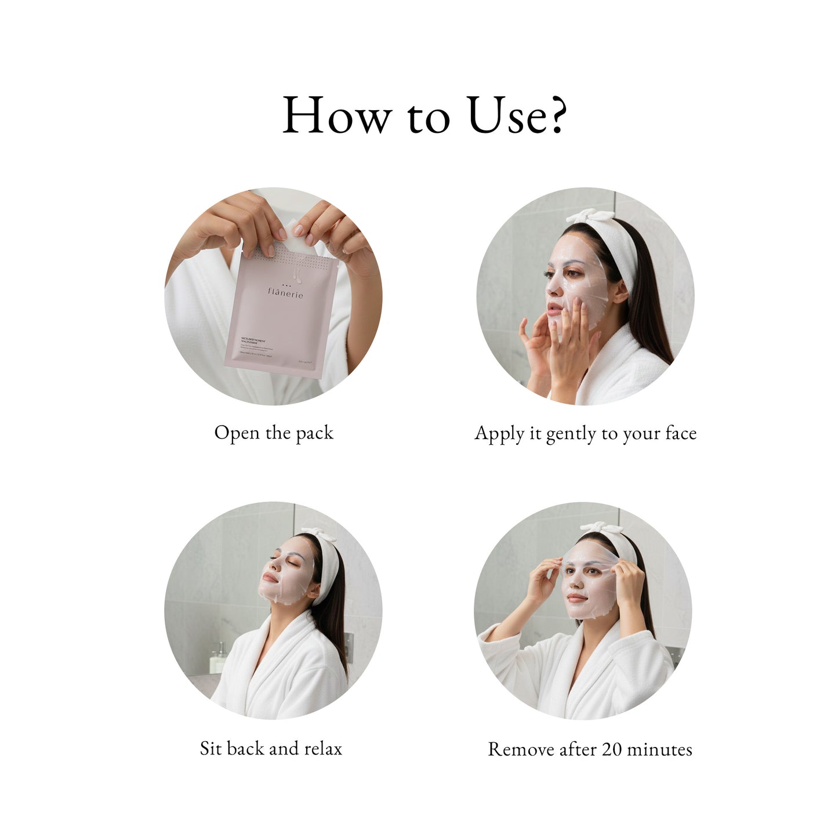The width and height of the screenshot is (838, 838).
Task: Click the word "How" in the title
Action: [336, 115]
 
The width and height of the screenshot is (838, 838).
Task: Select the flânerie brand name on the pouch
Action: [285, 293]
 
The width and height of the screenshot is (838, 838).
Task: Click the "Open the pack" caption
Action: [274, 433]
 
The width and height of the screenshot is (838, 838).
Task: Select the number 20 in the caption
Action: [611, 749]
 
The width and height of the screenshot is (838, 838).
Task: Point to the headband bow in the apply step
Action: [590, 217]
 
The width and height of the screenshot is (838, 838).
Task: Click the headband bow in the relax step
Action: [318, 534]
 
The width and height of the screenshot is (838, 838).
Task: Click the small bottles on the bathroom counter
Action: [217, 658]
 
